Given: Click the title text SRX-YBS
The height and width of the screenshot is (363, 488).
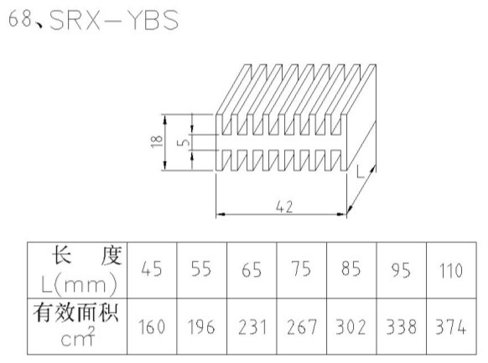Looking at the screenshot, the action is tap(114, 20).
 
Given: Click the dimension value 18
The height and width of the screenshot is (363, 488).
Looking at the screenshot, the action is tap(157, 142).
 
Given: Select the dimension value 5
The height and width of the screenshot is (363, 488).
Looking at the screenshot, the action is tap(184, 142).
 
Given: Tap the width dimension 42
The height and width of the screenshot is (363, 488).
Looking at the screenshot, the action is tap(284, 207).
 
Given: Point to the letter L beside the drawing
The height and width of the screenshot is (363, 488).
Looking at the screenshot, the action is tap(360, 172).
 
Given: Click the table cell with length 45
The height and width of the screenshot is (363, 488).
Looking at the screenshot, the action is tap(152, 269).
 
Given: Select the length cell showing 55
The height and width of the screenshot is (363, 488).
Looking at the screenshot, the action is tap(201, 269).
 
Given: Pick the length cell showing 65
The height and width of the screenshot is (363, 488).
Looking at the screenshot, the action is tap(252, 269).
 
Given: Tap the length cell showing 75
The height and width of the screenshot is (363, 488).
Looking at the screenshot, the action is tap(301, 269).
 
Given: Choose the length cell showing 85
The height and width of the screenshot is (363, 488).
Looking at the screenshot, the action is tap(351, 269).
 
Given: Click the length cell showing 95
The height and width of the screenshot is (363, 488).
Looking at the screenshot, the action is tap(401, 270).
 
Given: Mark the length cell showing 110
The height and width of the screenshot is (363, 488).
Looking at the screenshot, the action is tap(451, 270).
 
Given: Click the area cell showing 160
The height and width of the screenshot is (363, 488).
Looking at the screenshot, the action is tap(152, 327).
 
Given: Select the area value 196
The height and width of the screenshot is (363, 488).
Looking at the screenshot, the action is tap(201, 327).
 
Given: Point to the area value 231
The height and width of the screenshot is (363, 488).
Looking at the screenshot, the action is tap(252, 327).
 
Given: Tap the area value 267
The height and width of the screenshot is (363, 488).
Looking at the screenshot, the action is tap(302, 327).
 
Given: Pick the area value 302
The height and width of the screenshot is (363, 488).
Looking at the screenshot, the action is tap(350, 327).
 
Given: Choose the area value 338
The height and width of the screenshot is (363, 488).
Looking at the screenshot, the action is tap(401, 327).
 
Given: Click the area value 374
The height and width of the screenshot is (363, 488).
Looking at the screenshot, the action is tap(450, 327).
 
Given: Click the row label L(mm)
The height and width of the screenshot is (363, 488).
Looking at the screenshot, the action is tap(79, 285).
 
